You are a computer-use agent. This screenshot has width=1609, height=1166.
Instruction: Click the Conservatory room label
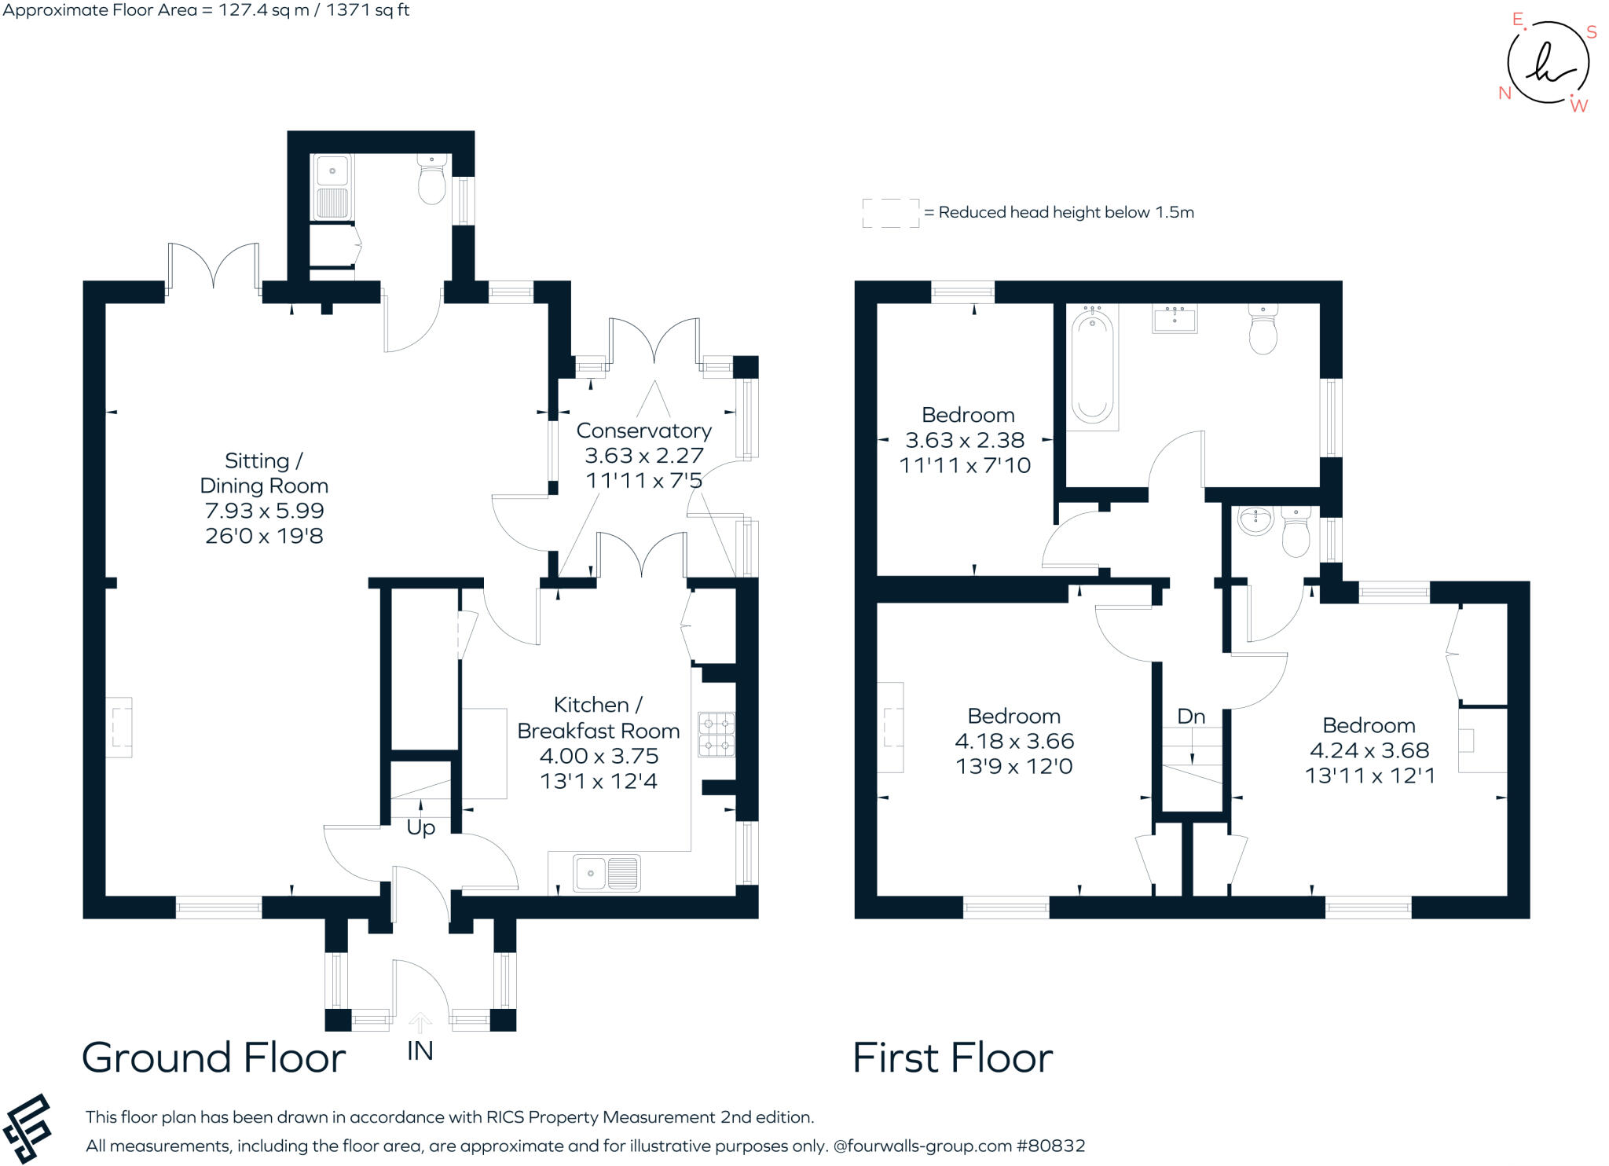click(643, 431)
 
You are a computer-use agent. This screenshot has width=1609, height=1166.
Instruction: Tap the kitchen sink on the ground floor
click(607, 873)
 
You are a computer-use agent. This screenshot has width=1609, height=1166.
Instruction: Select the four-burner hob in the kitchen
click(716, 734)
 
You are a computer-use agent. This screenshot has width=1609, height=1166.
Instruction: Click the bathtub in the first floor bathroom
click(1092, 366)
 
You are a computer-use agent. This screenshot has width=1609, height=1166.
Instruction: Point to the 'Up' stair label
click(420, 827)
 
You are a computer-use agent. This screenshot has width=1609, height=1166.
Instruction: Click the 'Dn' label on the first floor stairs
click(1191, 717)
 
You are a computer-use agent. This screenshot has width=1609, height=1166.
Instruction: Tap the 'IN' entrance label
click(420, 1050)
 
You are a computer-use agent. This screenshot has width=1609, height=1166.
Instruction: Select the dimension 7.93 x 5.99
click(264, 511)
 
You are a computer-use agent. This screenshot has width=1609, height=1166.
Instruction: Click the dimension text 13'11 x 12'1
click(1369, 775)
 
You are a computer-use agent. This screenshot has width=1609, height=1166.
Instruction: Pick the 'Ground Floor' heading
click(213, 1058)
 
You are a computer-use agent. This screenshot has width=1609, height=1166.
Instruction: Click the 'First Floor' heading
click(952, 1058)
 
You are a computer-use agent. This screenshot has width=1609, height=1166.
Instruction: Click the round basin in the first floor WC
click(1255, 521)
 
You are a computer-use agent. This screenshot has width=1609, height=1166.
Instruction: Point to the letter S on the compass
click(1591, 32)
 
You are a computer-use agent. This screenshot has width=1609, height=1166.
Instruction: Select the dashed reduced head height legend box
click(890, 213)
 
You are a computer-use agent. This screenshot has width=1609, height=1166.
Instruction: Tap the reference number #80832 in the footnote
click(1050, 1146)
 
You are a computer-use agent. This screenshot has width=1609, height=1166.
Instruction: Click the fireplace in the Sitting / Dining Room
click(119, 728)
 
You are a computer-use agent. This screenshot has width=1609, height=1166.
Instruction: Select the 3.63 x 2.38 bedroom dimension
click(965, 440)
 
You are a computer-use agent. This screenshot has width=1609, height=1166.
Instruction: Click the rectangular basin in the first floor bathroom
click(1175, 320)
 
